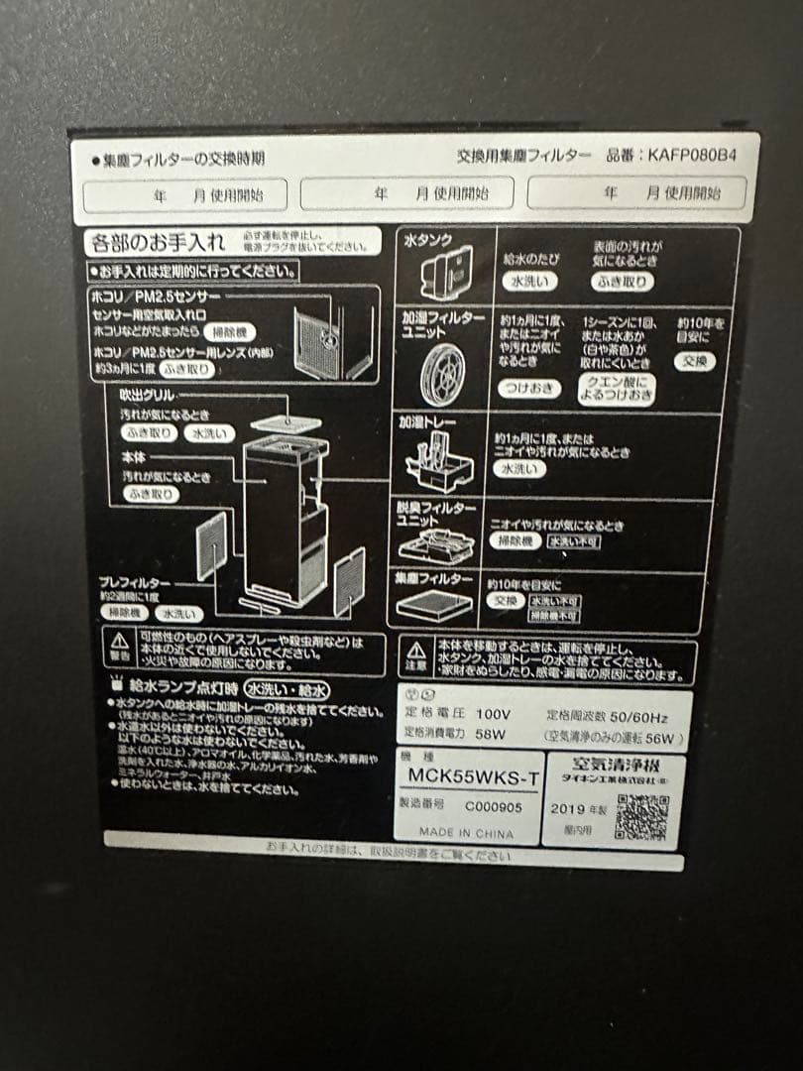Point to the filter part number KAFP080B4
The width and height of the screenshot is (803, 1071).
(693, 156)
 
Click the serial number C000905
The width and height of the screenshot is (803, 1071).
(493, 807)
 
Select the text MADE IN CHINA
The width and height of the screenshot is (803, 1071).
(466, 834)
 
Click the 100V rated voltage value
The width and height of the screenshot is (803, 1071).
(493, 714)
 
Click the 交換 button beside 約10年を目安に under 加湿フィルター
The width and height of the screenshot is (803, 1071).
(695, 362)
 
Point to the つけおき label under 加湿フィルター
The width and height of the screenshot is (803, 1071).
(528, 388)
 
